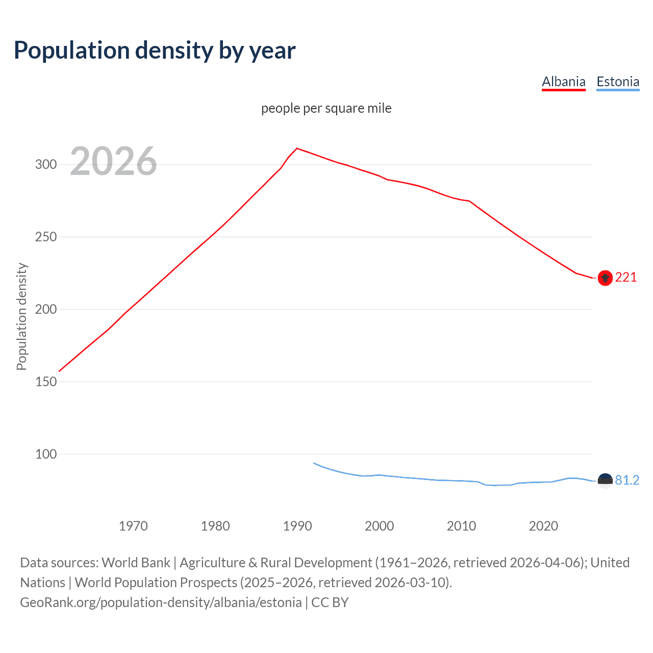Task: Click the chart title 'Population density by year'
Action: [155, 51]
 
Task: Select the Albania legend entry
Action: [563, 82]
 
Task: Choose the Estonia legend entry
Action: [618, 82]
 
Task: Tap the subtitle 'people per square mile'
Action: [326, 108]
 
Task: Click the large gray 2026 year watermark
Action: [113, 161]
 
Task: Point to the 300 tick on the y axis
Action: [45, 164]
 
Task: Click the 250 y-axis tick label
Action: [45, 237]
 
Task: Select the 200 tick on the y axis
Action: [45, 309]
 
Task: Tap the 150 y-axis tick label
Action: [45, 382]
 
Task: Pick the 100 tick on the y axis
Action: [45, 454]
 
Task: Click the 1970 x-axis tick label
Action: [133, 526]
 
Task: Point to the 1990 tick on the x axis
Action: [297, 526]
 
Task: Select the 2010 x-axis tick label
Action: [461, 526]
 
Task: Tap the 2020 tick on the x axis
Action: [543, 526]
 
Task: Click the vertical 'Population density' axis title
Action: [21, 316]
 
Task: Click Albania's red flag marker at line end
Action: [605, 278]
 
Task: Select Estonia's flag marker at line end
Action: [605, 481]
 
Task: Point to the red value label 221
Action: [626, 277]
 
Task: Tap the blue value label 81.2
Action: [627, 480]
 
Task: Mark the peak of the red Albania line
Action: [297, 148]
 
